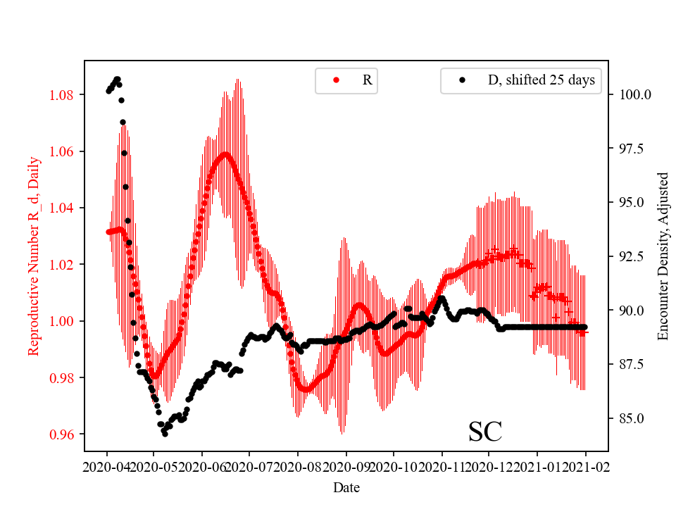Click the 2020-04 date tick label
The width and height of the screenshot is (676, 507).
pos(107,467)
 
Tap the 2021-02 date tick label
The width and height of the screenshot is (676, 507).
pos(586,467)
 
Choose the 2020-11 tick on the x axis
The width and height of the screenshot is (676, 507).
pos(442,467)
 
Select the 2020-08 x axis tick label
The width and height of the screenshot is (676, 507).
pos(298,467)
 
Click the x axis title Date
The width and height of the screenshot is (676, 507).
pos(346,487)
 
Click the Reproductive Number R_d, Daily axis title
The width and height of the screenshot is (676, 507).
pos(33,256)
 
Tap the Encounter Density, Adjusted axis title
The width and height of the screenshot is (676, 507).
pos(663,256)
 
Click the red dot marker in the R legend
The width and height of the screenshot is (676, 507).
pos(336,80)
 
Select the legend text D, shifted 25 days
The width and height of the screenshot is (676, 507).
pos(542,80)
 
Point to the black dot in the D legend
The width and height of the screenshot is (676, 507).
pos(463,80)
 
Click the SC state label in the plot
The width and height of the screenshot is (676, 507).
pos(485,432)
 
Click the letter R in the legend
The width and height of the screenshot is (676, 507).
pos(367,80)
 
